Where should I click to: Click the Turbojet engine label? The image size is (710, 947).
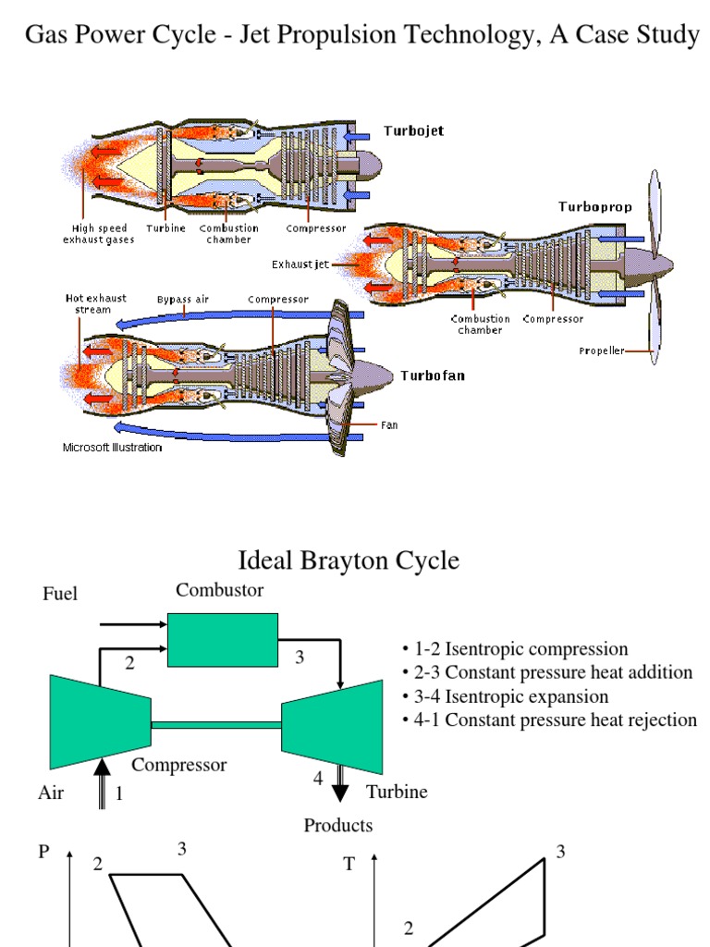(x=413, y=130)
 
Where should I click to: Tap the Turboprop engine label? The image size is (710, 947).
(x=594, y=206)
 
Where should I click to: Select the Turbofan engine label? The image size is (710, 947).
(x=432, y=375)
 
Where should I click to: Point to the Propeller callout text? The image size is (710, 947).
(x=601, y=351)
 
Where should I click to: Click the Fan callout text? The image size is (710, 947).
(x=389, y=425)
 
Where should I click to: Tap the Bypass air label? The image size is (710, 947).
(x=182, y=300)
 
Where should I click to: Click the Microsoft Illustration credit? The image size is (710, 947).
(x=112, y=448)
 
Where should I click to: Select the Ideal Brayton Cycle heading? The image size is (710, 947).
(x=349, y=560)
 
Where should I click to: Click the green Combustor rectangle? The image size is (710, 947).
(x=223, y=639)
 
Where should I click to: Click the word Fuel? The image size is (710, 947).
(x=60, y=595)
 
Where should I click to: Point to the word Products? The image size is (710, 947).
(x=338, y=825)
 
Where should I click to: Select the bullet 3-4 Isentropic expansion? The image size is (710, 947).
(x=506, y=696)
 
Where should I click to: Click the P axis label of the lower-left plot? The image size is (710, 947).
(x=43, y=852)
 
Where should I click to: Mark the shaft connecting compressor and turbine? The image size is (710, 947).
(x=215, y=725)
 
